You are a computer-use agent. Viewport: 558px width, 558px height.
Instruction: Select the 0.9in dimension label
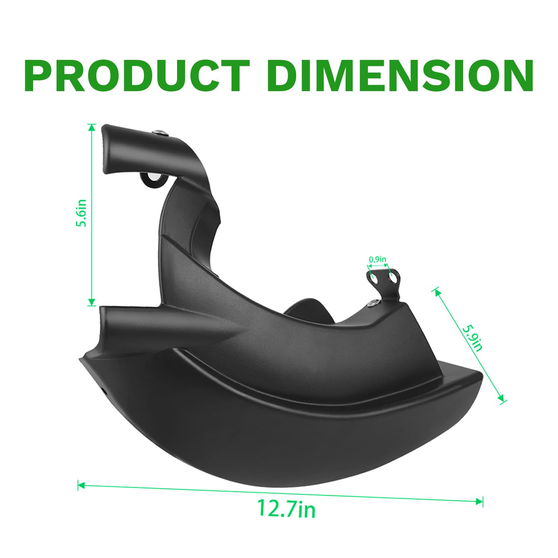point(377,260)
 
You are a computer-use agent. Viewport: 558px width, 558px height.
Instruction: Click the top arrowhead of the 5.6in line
point(92,128)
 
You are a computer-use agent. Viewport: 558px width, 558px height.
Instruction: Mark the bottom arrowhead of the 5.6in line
point(92,302)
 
